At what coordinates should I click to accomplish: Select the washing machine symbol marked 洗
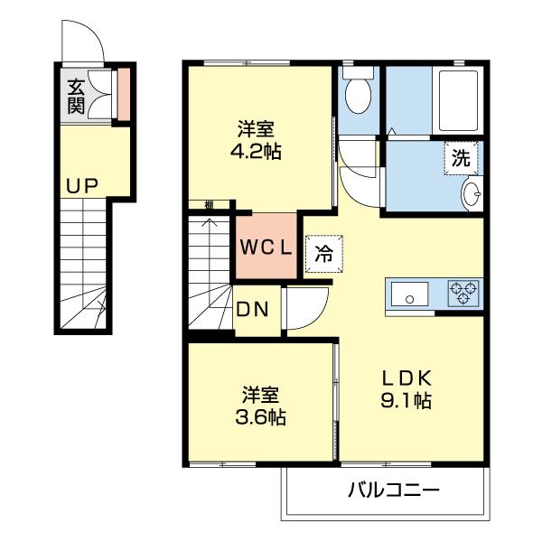coord(461,159)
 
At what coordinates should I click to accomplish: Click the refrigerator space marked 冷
coord(322,253)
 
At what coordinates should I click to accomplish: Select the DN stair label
coord(252,310)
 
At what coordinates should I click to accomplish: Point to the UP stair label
coord(81,186)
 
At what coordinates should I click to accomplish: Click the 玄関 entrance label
coord(75,97)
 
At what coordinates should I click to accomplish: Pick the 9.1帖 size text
coord(406,400)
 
